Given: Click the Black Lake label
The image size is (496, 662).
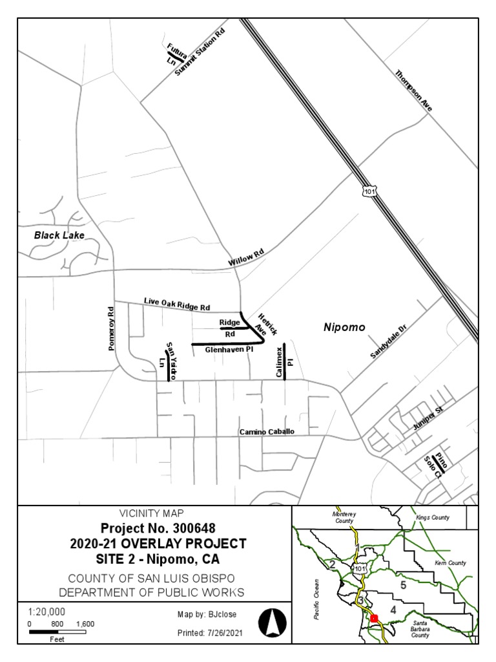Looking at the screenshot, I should (59, 235).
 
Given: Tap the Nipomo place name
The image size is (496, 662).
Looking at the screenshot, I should (344, 328).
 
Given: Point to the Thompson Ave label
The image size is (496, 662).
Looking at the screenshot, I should (413, 91).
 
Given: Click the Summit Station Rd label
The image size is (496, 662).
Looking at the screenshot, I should (203, 52).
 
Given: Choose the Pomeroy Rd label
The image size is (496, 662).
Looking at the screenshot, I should (111, 328).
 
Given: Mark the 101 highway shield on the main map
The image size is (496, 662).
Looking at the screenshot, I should (367, 192).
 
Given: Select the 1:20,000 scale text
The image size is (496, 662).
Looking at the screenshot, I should (47, 612).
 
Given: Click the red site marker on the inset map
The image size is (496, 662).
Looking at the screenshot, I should (373, 618).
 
